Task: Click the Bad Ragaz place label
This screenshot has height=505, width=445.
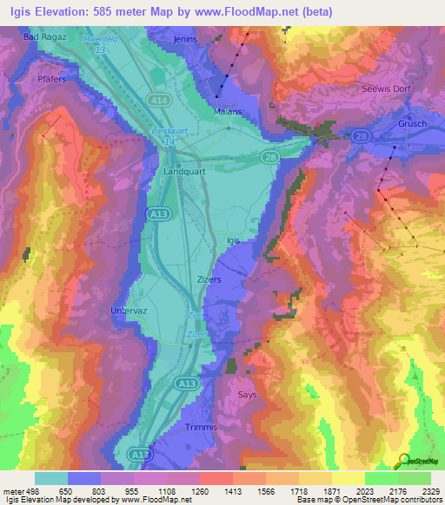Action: point(43,37)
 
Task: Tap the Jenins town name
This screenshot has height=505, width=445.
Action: point(185,39)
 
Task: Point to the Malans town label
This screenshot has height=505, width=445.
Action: point(227,112)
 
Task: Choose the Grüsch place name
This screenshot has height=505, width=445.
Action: point(413,123)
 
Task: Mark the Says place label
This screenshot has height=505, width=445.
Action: point(247,395)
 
